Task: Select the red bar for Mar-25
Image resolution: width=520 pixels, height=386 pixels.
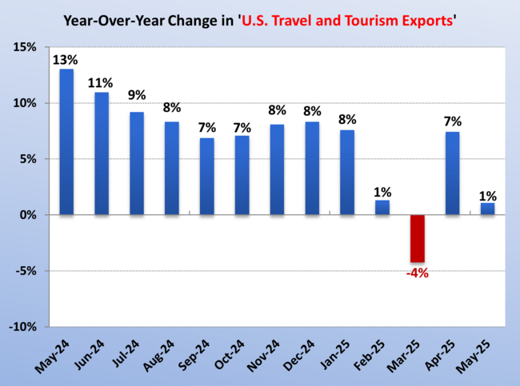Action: [418, 238]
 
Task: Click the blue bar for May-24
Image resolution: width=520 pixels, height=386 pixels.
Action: [66, 141]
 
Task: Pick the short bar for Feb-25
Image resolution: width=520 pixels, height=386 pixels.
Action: [382, 208]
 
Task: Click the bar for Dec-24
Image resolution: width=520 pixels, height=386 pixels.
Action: [312, 168]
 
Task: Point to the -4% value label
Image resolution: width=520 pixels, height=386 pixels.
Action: [418, 273]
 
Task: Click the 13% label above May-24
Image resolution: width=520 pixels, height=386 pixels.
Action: [66, 59]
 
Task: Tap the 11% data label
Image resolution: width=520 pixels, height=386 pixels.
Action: [102, 82]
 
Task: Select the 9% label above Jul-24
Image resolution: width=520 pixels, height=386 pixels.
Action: [137, 95]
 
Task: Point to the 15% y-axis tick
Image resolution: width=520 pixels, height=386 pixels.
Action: [24, 48]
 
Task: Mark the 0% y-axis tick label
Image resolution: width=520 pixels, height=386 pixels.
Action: [27, 216]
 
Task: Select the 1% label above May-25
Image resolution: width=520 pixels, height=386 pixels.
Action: [488, 195]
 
